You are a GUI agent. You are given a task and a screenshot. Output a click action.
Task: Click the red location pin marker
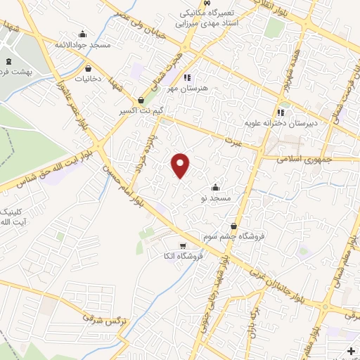pyautogui.click(x=181, y=166)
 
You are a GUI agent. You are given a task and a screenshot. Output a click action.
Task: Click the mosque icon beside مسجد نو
pyautogui.click(x=215, y=188)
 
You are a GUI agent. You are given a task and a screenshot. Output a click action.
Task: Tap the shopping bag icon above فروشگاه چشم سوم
pyautogui.click(x=233, y=226)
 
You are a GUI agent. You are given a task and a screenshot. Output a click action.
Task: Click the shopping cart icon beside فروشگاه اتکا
pyautogui.click(x=183, y=246)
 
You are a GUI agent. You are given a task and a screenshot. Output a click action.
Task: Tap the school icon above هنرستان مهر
pyautogui.click(x=187, y=77)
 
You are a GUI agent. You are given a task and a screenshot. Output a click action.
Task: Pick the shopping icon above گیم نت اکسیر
pyautogui.click(x=142, y=101)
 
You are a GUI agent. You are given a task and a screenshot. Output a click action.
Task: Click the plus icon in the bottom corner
pyautogui.click(x=351, y=351)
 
